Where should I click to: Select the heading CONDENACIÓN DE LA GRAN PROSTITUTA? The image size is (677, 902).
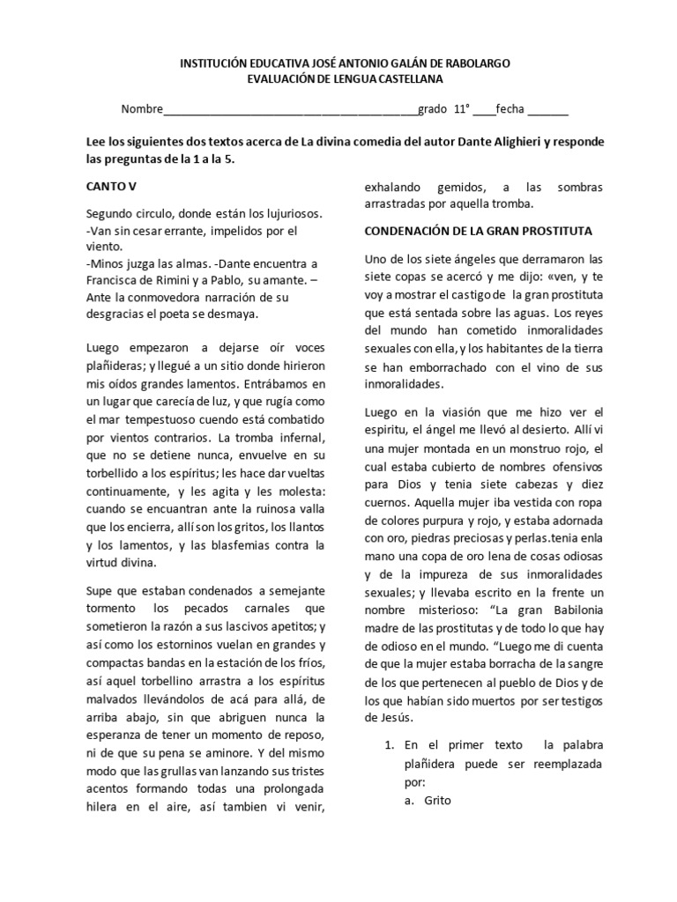[x=478, y=231]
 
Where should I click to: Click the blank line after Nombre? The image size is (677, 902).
[x=291, y=110]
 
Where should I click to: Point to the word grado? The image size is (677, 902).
[x=432, y=110]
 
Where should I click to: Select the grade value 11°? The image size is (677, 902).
[x=461, y=110]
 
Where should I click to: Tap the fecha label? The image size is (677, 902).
[x=510, y=110]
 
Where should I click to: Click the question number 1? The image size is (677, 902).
[x=389, y=745]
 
